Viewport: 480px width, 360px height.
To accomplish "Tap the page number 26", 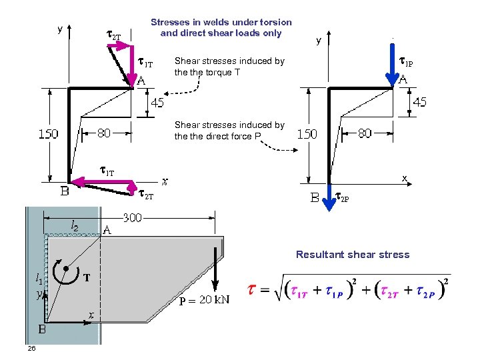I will point(31,349).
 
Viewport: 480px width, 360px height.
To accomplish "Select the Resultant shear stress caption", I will point(353,254).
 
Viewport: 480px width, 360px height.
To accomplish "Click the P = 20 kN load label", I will point(204,299).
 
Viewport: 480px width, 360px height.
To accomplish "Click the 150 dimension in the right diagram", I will point(307,133).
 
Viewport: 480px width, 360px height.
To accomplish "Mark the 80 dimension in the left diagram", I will point(104,133).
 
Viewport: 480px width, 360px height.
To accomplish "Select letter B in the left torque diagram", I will point(65,193).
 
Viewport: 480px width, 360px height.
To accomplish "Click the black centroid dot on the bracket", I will point(66,269).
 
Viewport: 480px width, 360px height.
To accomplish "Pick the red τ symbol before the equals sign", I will point(252,289).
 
